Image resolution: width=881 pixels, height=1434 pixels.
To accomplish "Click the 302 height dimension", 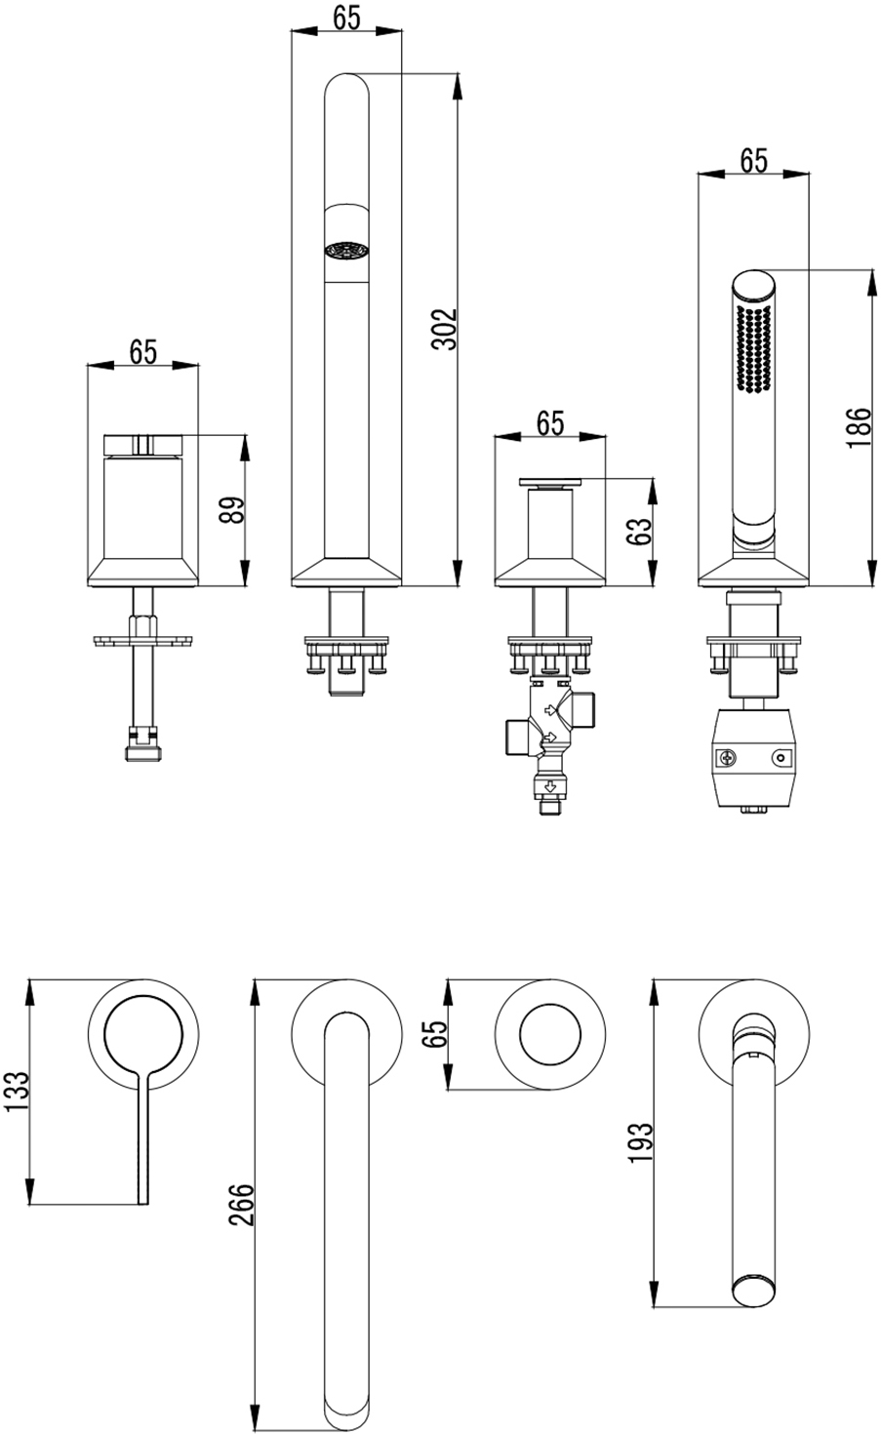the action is tap(444, 329).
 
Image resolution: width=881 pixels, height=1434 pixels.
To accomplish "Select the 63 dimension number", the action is tap(638, 531).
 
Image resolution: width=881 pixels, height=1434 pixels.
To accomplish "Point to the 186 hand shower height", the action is tap(859, 427).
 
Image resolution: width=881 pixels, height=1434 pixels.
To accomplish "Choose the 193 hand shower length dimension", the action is tap(640, 1142).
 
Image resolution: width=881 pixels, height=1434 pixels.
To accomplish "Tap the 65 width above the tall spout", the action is tap(346, 18).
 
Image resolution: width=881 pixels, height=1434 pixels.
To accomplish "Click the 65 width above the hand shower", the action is tap(753, 160).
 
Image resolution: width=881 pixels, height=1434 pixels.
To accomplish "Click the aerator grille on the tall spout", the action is tap(346, 251).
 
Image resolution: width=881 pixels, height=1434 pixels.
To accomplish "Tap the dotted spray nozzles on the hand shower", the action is tap(753, 348).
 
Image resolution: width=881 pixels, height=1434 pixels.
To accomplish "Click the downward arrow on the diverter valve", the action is tap(549, 787).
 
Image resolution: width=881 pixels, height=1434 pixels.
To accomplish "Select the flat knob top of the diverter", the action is tap(550, 482).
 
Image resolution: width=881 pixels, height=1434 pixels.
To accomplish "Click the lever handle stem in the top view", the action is tap(143, 1136).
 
